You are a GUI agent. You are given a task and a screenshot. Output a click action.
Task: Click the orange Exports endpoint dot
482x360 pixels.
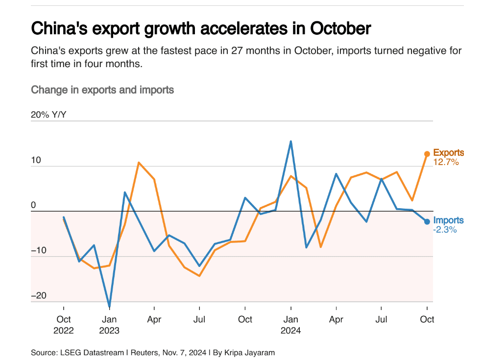[427, 154]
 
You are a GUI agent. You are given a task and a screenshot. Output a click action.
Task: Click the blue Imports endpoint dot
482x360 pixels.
[427, 222]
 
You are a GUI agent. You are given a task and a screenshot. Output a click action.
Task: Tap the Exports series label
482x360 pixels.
[448, 153]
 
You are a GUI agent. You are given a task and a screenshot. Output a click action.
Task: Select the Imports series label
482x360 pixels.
[448, 220]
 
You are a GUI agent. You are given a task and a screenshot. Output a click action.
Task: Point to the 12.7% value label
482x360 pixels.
[446, 162]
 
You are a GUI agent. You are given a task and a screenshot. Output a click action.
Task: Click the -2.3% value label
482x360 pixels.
[445, 229]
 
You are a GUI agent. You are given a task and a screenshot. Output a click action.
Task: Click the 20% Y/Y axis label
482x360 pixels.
[48, 115]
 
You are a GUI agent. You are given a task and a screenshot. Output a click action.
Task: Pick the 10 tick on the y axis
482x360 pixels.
[36, 161]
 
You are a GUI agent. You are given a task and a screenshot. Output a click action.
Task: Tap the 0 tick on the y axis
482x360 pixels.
[33, 205]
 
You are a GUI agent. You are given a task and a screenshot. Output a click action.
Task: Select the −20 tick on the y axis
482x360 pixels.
[39, 295]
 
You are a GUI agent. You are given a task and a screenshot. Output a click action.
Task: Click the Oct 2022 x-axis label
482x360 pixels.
[64, 324]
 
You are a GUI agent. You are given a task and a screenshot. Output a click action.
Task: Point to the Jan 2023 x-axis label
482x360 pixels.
[109, 324]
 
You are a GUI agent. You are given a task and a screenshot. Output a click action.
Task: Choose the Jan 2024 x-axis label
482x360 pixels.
[291, 324]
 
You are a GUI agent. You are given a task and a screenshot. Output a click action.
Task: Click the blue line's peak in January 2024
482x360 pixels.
[291, 142]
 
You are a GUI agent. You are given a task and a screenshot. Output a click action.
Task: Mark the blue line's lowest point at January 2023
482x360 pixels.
[109, 307]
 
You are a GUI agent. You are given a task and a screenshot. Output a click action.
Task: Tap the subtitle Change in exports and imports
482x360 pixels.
[102, 90]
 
